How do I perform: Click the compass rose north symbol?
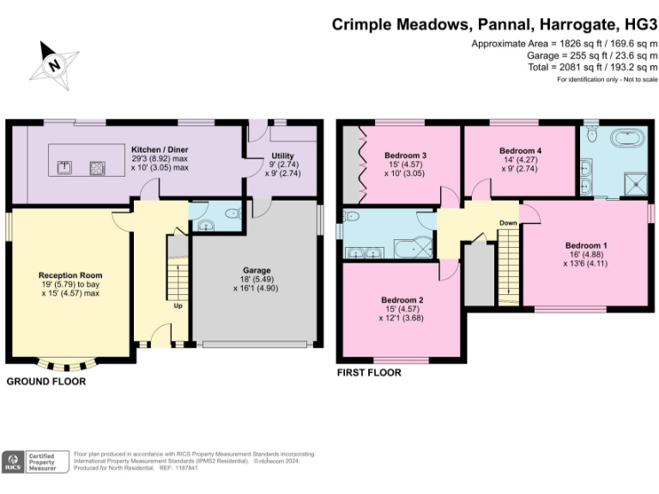(54, 65)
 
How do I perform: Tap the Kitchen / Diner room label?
(160, 149)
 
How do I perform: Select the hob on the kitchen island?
(98, 168)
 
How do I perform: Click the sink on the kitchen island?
(64, 167)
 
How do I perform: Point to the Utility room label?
(282, 155)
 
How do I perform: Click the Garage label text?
(257, 270)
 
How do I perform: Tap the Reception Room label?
(70, 275)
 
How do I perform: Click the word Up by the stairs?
(178, 306)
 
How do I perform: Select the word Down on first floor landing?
(508, 223)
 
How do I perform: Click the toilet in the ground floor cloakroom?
(233, 214)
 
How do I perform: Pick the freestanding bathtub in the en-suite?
(627, 137)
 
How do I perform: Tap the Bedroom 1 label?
(586, 245)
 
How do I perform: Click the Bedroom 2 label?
(402, 300)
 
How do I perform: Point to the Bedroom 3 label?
(405, 155)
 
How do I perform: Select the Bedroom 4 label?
(520, 150)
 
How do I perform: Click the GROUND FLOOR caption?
(46, 382)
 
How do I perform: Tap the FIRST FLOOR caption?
(369, 372)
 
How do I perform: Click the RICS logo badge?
(13, 462)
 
